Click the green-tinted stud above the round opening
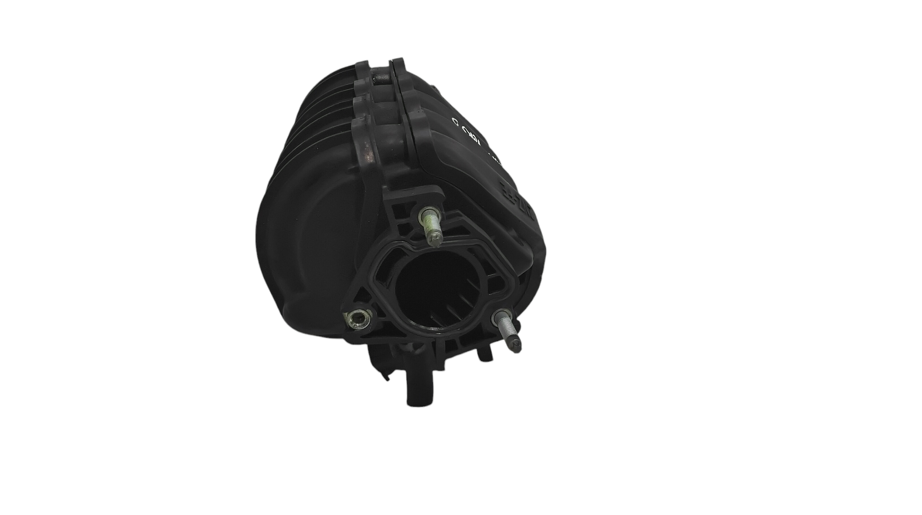[x=429, y=226]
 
